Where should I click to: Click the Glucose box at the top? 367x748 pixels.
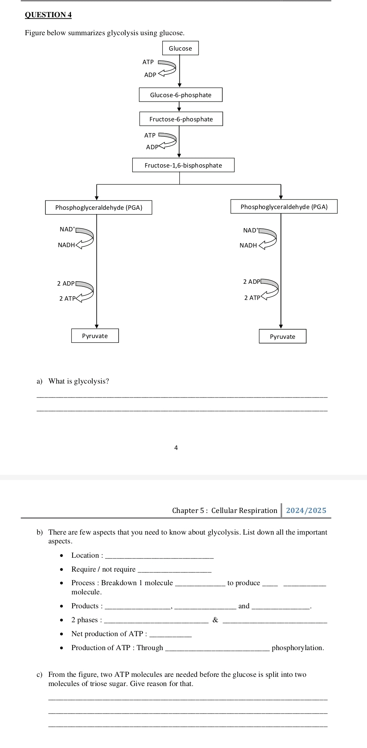coord(180,48)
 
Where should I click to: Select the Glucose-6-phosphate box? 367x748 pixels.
coord(181,95)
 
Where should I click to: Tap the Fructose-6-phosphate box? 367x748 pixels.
coord(181,119)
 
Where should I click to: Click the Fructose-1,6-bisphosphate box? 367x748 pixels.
coord(183,165)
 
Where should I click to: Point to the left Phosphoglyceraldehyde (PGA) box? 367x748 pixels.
coord(99,208)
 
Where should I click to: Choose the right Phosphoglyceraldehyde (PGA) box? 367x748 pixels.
coord(284,207)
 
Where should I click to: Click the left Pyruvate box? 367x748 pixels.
coord(95,336)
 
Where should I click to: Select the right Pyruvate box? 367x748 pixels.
coord(282,337)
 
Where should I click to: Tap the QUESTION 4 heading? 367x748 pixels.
coord(48,15)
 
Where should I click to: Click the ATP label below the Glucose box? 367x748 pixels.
coord(148,62)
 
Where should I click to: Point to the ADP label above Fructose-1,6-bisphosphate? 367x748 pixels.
coord(152,147)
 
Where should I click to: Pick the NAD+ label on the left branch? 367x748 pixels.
coord(67,229)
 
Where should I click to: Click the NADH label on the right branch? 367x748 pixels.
coord(248,245)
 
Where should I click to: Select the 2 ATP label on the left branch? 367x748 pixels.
coord(67,298)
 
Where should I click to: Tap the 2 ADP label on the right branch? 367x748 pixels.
coord(252,282)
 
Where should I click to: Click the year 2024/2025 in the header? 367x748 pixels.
coord(306,510)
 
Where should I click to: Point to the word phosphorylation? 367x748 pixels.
coord(298,648)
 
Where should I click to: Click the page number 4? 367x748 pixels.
coord(176,448)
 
